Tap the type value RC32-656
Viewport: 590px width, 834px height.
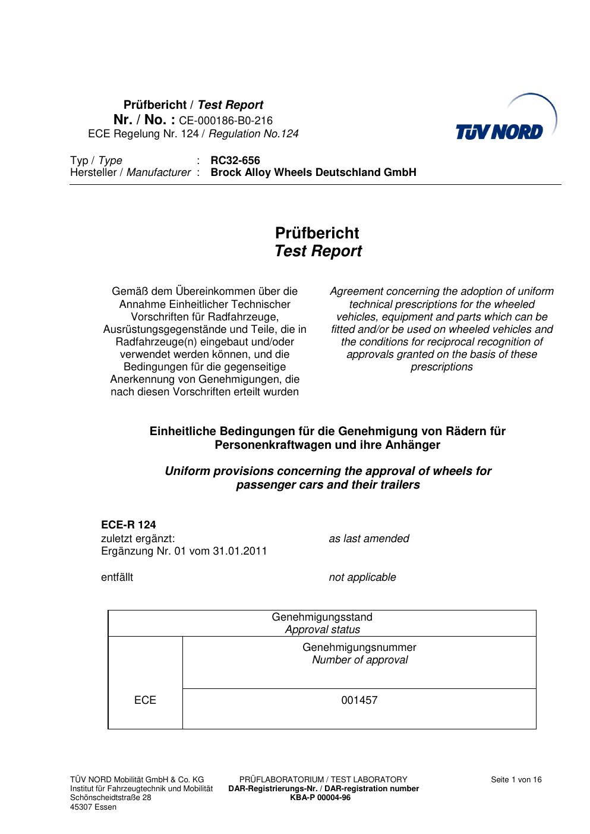click(x=235, y=160)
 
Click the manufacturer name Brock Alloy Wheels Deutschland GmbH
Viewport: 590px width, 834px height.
click(x=313, y=172)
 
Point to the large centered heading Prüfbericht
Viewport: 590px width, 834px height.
click(x=317, y=233)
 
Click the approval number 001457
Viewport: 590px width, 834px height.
click(x=359, y=700)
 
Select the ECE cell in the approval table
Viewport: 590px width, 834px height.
click(x=145, y=700)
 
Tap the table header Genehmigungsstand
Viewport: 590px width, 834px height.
click(x=322, y=617)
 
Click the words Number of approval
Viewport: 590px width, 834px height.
click(x=359, y=660)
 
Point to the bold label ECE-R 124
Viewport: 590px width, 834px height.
click(x=128, y=525)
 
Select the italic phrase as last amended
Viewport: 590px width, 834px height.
click(x=369, y=539)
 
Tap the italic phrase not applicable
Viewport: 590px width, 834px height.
click(x=362, y=577)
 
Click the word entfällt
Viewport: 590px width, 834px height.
click(x=117, y=577)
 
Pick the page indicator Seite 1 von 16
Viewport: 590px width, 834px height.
click(x=516, y=780)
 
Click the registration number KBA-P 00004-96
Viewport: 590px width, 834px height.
click(x=320, y=798)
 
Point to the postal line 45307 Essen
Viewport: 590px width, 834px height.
click(x=93, y=807)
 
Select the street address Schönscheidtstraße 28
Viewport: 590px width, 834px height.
click(x=111, y=798)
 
